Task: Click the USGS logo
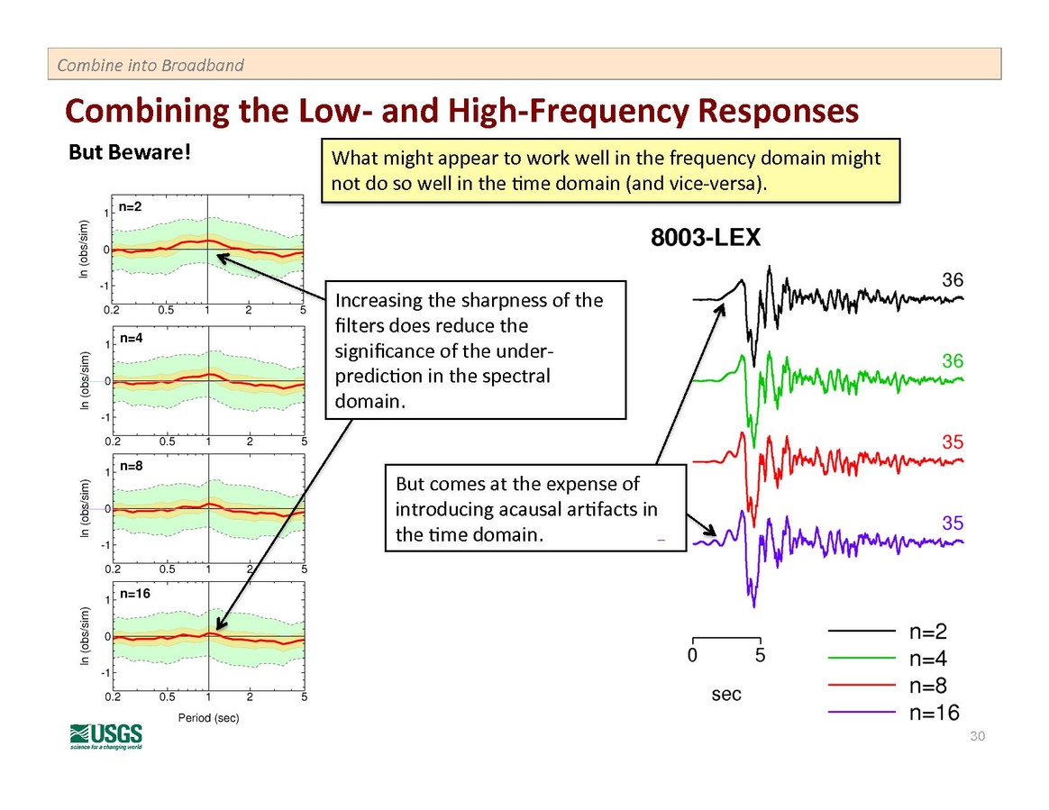pos(105,735)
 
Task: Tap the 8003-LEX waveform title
pos(706,239)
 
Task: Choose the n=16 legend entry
pos(934,714)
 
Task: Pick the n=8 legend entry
pos(928,687)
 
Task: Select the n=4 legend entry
pos(928,659)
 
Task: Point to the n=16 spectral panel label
pos(134,594)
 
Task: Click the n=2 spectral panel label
pos(131,207)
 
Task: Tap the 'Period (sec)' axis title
pos(208,717)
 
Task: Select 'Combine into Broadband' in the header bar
pos(150,65)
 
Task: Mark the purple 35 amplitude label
pos(952,523)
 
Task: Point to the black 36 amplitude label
pos(953,280)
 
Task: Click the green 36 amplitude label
pos(953,360)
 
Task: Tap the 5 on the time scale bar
pos(760,656)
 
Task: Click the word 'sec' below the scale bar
pos(726,694)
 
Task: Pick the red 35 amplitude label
pos(952,441)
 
